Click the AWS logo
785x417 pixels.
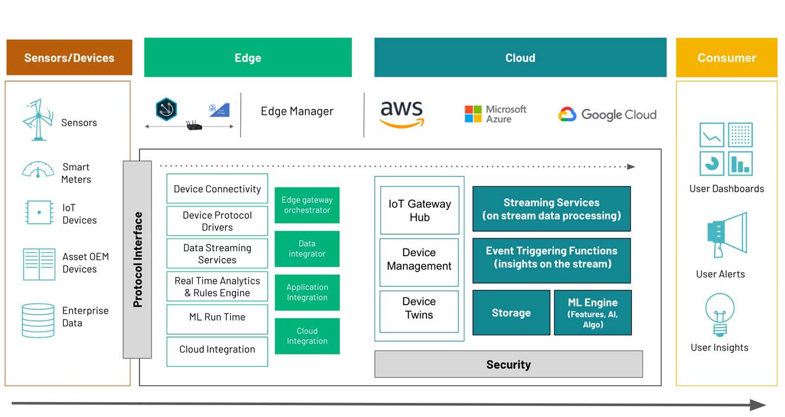point(402,114)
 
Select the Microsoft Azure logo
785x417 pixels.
point(495,114)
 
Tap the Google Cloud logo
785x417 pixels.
point(608,115)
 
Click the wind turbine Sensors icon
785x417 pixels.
point(38,121)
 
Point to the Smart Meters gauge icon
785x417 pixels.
point(38,170)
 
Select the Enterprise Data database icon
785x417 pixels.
point(38,320)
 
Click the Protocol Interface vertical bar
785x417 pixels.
point(137,259)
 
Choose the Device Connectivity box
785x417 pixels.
point(217,189)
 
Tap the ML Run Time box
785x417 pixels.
point(217,317)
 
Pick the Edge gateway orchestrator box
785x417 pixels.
point(307,205)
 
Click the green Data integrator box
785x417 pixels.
point(307,249)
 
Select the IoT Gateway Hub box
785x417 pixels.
point(419,211)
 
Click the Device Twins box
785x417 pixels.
point(419,309)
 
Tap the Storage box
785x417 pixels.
point(511,313)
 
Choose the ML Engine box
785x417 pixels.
point(592,313)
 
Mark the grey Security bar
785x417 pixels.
point(508,364)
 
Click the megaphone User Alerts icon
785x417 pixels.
point(726,235)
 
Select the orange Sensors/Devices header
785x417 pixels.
point(69,58)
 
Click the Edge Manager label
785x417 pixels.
point(297,111)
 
